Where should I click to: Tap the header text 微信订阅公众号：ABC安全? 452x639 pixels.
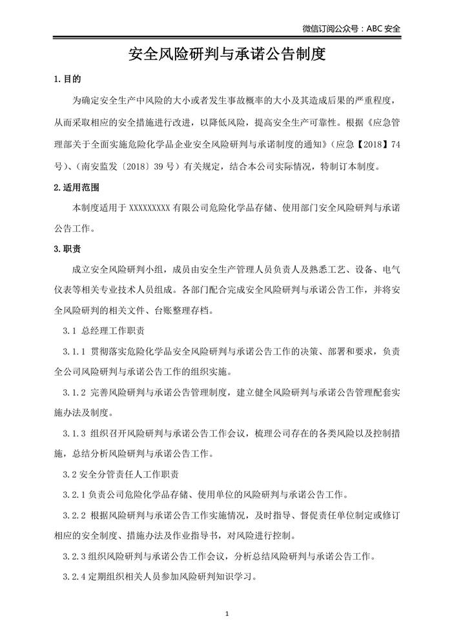[351, 28]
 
